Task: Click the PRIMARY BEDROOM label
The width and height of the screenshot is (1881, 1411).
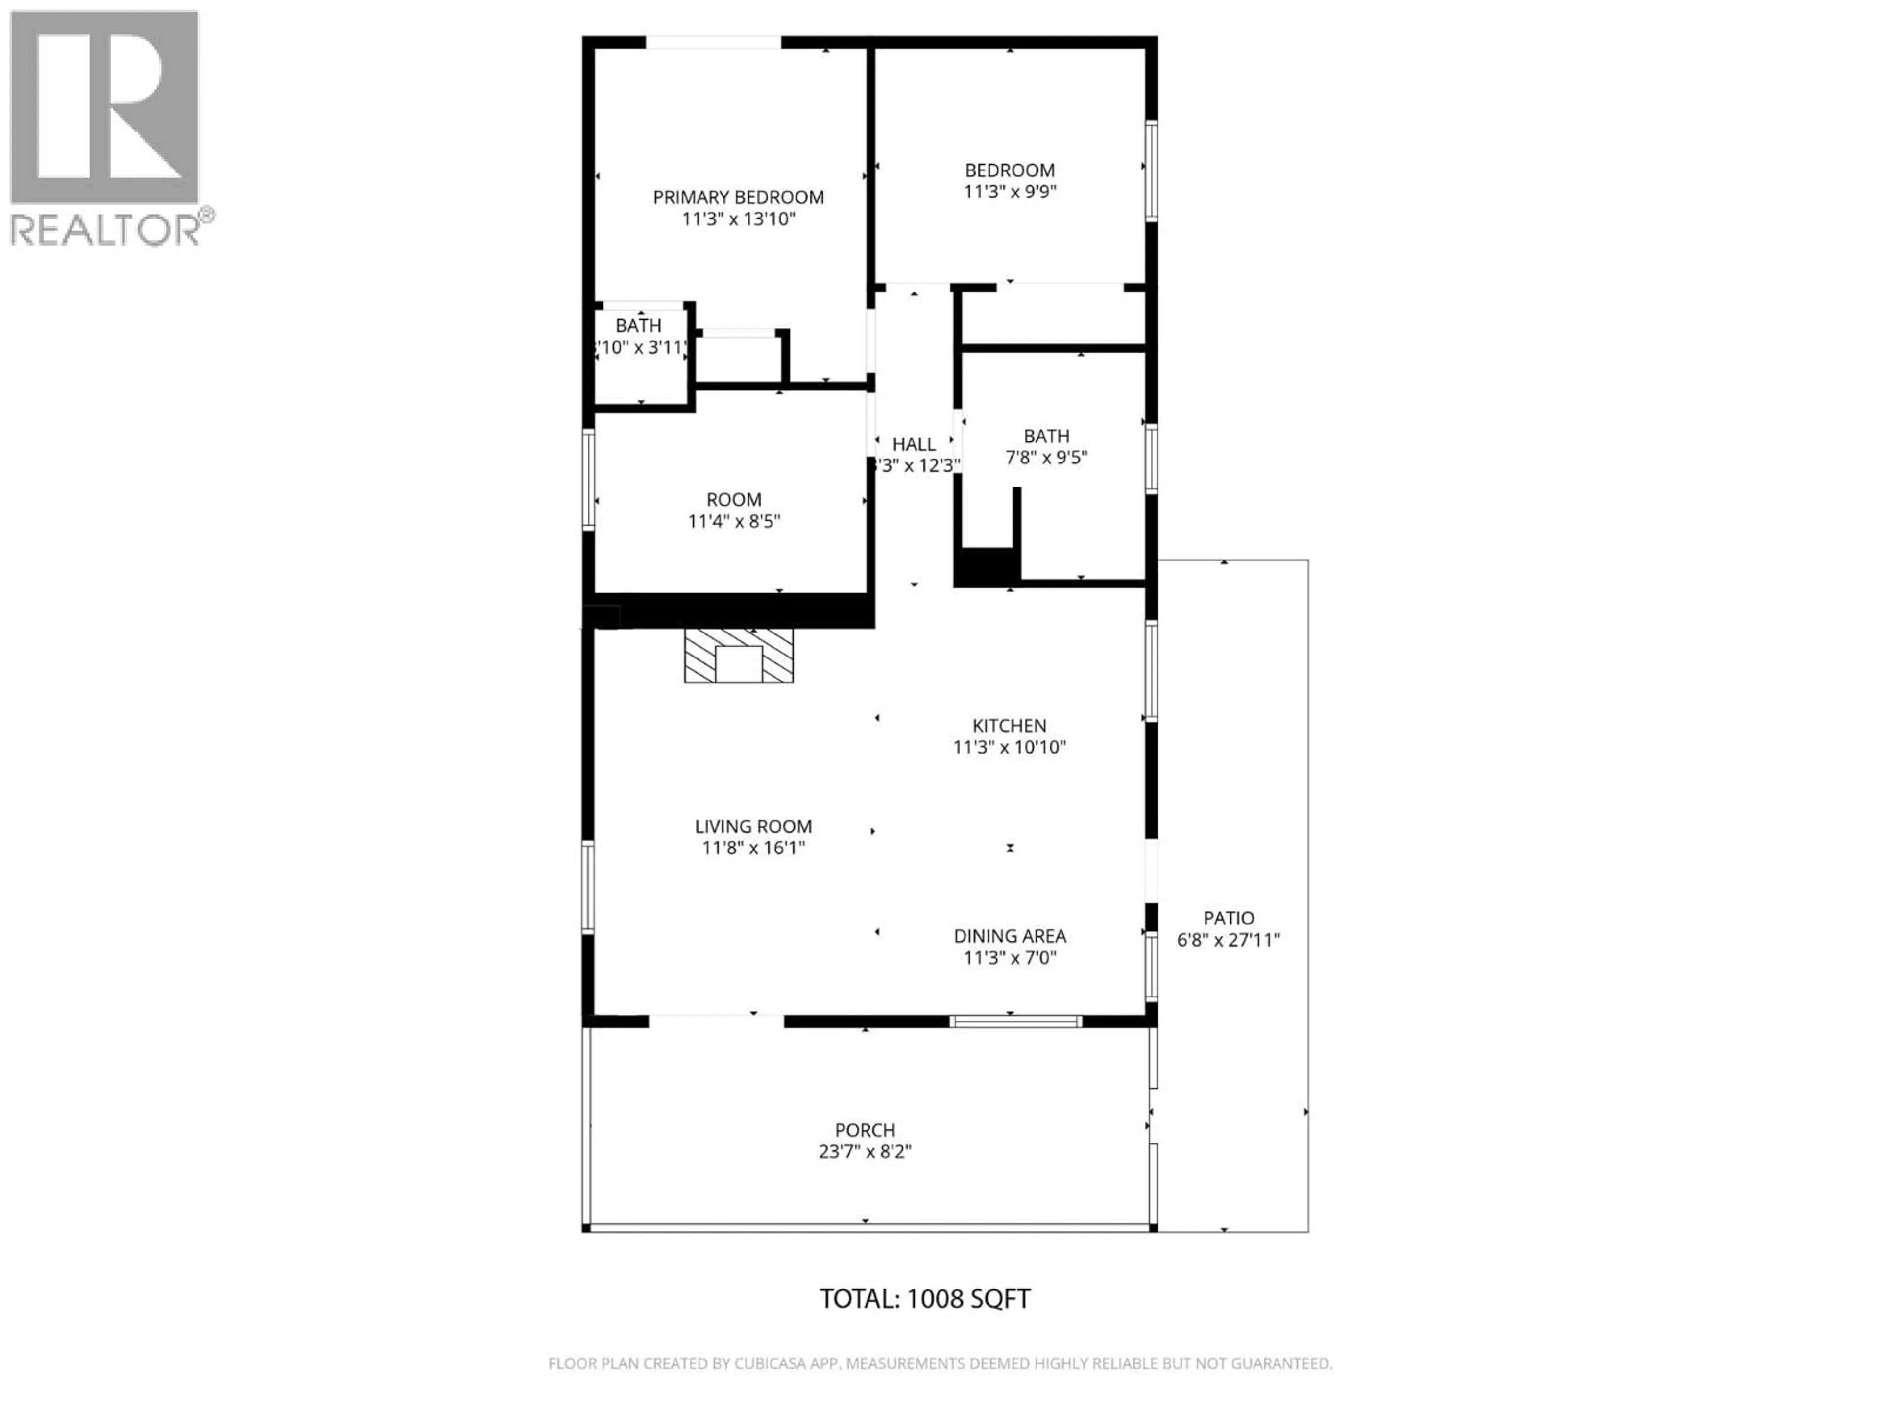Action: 738,197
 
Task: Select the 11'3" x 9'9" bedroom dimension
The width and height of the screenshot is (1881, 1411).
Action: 1010,192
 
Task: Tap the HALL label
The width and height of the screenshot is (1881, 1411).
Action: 914,444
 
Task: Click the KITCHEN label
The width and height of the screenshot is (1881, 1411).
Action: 1010,726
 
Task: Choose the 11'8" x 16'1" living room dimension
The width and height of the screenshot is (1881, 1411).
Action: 753,848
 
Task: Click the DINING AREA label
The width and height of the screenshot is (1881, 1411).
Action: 1010,936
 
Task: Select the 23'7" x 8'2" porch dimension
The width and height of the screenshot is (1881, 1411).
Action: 865,1152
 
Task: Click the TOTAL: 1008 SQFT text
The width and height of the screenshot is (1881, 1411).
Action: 924,1299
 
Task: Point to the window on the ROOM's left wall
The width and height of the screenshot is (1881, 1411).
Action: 588,480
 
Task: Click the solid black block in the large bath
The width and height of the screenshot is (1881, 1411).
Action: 987,566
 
